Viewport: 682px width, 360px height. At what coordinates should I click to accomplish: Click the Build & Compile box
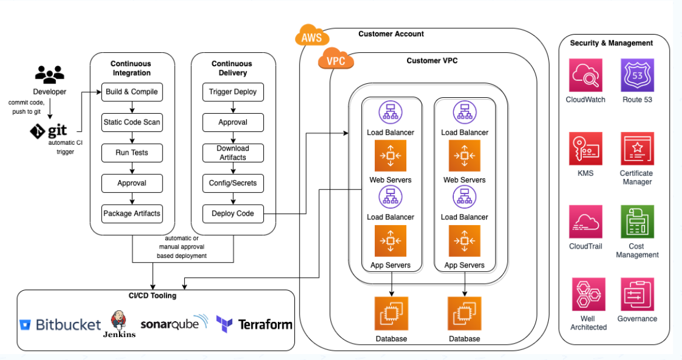tap(131, 92)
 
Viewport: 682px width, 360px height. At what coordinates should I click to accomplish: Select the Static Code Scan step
tap(131, 123)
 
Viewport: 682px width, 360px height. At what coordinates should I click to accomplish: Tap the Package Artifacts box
tap(131, 213)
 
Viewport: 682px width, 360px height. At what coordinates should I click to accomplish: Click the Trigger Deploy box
tap(233, 92)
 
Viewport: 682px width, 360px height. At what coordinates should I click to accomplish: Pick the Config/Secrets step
tap(233, 183)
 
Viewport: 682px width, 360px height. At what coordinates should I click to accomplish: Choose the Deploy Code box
tap(233, 213)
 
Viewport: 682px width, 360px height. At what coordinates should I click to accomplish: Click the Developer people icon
tap(49, 74)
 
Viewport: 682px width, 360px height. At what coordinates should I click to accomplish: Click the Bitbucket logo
tap(60, 324)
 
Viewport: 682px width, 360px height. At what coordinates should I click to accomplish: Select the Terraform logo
tap(254, 324)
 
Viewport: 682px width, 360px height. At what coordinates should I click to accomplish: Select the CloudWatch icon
tap(585, 75)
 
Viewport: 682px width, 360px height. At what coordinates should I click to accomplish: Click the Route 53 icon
tap(637, 75)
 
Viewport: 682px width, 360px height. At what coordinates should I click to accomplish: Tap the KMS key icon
tap(585, 148)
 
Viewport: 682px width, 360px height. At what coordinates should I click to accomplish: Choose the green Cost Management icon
tap(637, 222)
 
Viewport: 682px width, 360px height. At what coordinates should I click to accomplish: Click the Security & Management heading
tap(611, 43)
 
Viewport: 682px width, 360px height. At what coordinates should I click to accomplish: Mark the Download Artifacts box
tap(233, 153)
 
